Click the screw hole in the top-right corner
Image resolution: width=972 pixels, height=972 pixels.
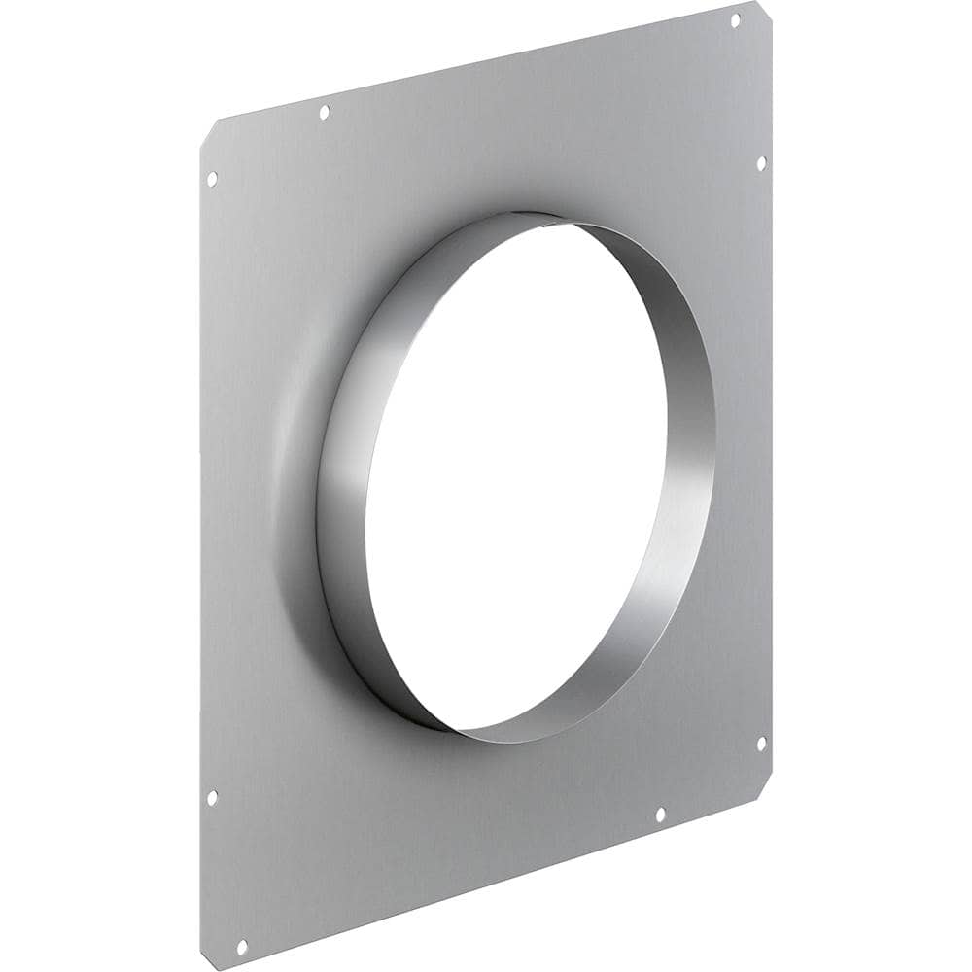click(735, 19)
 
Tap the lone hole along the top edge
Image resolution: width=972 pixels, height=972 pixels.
click(324, 113)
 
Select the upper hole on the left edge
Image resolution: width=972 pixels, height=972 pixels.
click(212, 179)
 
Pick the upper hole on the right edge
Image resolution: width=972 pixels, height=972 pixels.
click(761, 162)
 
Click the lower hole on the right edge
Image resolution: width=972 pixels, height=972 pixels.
click(761, 744)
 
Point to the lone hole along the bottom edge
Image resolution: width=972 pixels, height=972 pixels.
click(659, 815)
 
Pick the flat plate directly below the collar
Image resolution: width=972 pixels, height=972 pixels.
click(486, 807)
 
